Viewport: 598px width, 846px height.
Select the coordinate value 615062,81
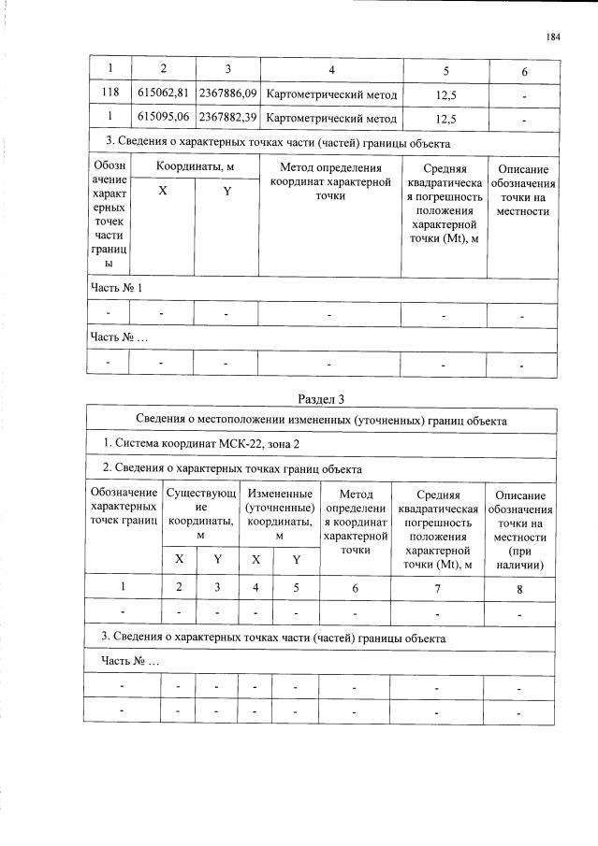click(163, 94)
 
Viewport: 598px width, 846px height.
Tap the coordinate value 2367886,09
click(227, 94)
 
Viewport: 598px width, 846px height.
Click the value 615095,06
click(163, 119)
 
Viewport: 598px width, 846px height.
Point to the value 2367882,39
click(227, 119)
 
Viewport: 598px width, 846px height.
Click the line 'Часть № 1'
click(116, 287)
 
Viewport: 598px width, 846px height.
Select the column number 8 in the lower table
click(519, 588)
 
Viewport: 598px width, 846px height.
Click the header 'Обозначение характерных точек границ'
click(123, 506)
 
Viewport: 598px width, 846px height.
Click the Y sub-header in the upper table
click(226, 191)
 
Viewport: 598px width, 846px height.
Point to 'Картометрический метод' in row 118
click(331, 94)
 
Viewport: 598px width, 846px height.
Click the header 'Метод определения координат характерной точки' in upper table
click(330, 181)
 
